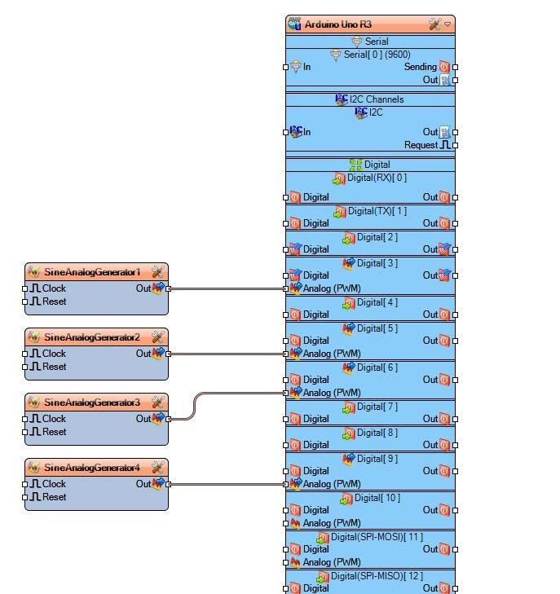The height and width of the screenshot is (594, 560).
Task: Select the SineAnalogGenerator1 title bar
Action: pyautogui.click(x=92, y=272)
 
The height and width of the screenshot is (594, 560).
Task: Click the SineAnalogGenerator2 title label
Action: pyautogui.click(x=92, y=337)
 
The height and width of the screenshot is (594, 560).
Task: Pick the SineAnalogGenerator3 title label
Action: pyautogui.click(x=92, y=403)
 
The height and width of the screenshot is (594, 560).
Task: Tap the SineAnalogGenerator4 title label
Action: pyautogui.click(x=92, y=468)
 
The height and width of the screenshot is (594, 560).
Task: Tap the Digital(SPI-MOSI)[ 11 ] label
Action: pyautogui.click(x=377, y=537)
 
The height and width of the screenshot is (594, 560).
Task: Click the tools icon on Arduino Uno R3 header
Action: pyautogui.click(x=435, y=24)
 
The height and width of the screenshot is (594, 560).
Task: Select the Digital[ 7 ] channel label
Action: pyautogui.click(x=377, y=407)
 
